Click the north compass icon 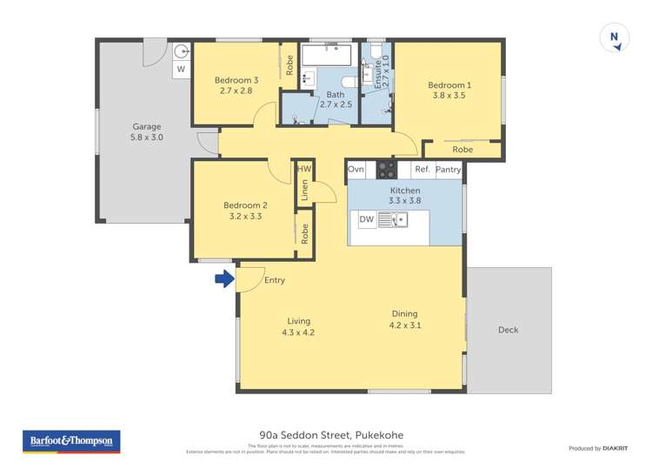(615, 37)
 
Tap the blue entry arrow (224, 279)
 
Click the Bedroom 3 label (236, 80)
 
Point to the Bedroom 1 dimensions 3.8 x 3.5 (448, 96)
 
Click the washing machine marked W (181, 69)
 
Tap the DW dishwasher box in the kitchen (367, 219)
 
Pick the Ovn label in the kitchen (356, 169)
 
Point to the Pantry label (449, 170)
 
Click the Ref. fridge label (422, 170)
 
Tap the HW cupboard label (304, 169)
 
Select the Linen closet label (304, 191)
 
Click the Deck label (509, 330)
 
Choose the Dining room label (404, 314)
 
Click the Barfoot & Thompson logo (70, 441)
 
